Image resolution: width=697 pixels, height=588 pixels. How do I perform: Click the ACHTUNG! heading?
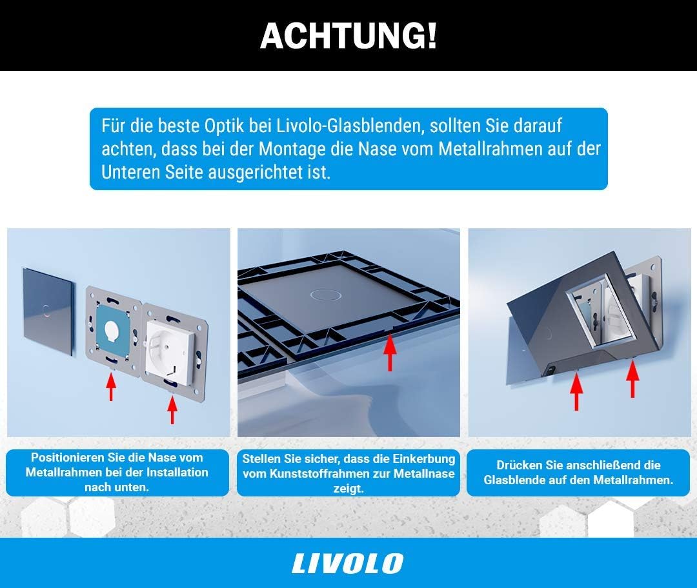pos(348,36)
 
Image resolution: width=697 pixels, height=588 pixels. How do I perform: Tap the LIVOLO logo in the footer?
pos(348,563)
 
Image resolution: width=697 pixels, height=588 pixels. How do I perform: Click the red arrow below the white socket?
pos(172,410)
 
